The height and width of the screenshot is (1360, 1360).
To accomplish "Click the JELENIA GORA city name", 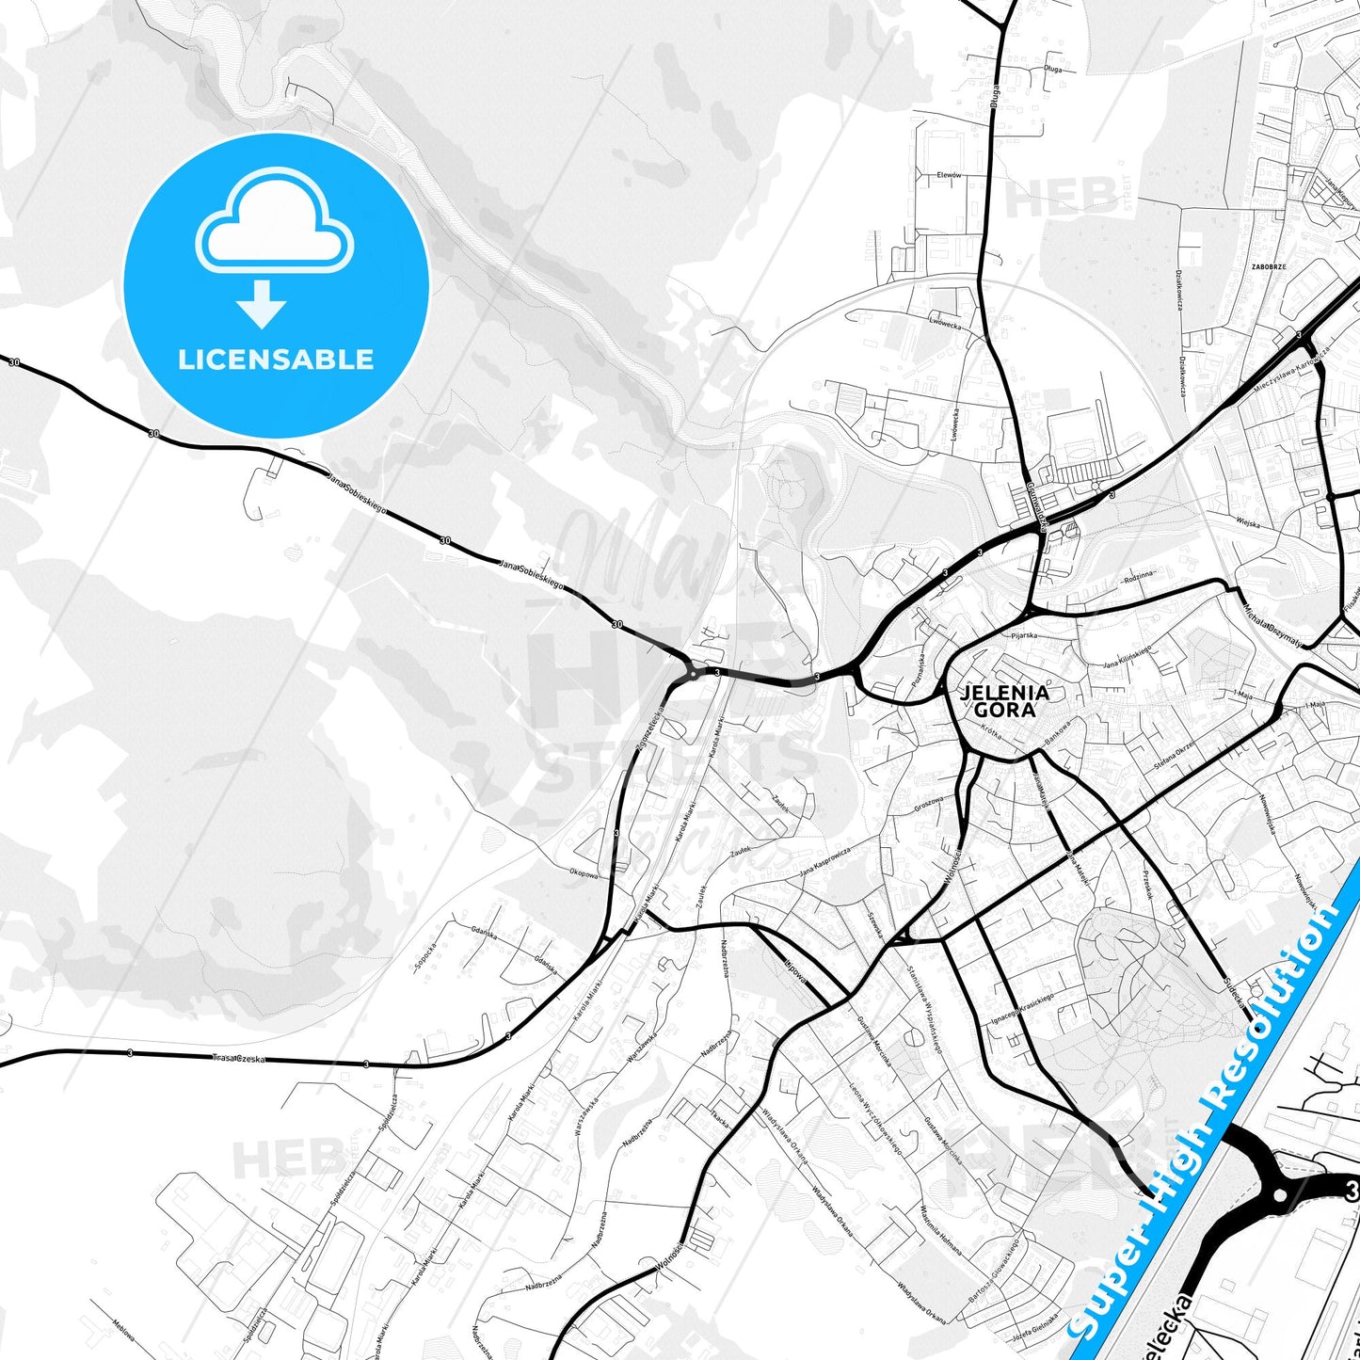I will click(1004, 701).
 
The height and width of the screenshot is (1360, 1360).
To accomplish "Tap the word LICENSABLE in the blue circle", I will click(276, 360).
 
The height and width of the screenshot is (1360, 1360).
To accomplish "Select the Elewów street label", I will click(948, 175).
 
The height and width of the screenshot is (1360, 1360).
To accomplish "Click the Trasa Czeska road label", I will click(239, 1059).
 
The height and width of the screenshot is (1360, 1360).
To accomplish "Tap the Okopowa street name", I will click(584, 873).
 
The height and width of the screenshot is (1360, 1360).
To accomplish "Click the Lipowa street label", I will click(794, 972).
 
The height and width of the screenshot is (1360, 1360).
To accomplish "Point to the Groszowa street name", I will click(928, 807).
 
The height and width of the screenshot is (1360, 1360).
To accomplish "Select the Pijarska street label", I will click(1023, 635).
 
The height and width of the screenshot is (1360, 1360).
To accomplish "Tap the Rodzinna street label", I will click(1139, 578).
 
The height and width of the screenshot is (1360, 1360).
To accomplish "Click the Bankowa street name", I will click(1058, 728).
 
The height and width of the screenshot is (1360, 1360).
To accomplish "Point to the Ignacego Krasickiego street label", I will click(1022, 1010).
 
